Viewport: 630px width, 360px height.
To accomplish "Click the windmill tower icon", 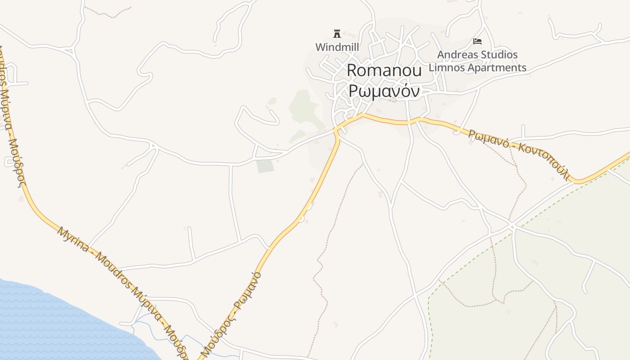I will click(337, 33).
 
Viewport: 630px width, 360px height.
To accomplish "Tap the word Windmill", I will click(337, 47).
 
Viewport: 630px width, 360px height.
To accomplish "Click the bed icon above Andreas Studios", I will click(477, 41).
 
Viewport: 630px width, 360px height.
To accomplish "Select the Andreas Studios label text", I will click(477, 55).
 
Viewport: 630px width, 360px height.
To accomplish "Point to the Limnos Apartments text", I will click(477, 67).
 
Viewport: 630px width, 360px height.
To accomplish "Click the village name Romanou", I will click(384, 70).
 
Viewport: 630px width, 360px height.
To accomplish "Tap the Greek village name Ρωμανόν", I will click(384, 91).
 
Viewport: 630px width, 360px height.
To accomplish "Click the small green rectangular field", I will click(265, 166).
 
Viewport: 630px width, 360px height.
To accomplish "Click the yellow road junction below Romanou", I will click(336, 130).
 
